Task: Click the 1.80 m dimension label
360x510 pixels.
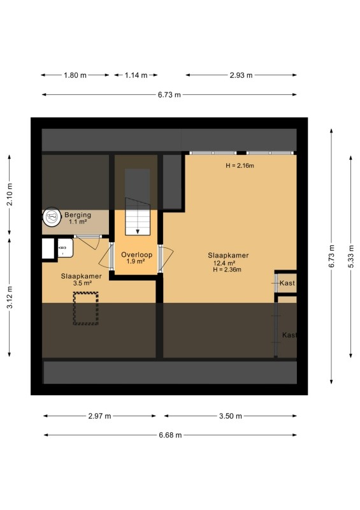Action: point(75,75)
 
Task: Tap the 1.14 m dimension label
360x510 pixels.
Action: point(136,75)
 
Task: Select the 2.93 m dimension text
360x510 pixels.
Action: point(241,75)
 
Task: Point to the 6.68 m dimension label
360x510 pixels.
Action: point(170,435)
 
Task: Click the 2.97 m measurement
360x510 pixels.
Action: point(99,416)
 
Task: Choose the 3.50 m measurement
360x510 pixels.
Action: point(230,416)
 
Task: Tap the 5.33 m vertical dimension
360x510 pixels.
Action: point(351,256)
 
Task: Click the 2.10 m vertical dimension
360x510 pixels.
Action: point(10,194)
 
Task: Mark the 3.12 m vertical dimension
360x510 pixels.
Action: point(10,297)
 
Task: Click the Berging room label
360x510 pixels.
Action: point(78,215)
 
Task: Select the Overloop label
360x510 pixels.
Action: point(136,254)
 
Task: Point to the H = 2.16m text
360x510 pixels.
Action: point(240,166)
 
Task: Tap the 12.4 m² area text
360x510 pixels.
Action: point(224,263)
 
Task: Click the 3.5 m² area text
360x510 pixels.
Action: point(82,283)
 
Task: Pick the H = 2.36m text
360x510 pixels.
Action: point(227,269)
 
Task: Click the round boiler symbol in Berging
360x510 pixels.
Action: point(52,217)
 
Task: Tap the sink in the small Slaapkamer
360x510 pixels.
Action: point(66,248)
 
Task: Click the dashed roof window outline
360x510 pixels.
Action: point(85,309)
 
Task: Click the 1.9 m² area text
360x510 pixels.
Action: point(136,261)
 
